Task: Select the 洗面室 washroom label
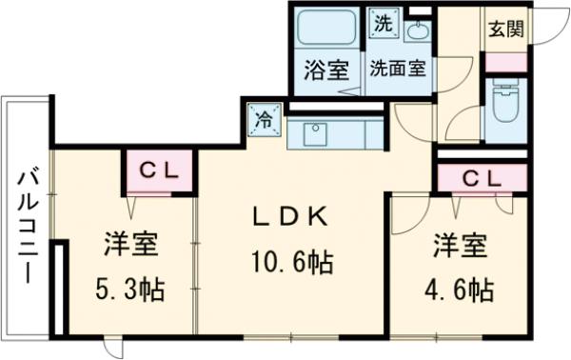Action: pos(397,69)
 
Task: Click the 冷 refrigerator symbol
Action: pos(266,120)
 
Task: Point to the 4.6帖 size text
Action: pos(461,287)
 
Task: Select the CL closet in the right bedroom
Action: pos(482,177)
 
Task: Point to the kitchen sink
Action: pos(314,132)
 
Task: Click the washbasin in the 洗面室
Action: pos(417,30)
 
